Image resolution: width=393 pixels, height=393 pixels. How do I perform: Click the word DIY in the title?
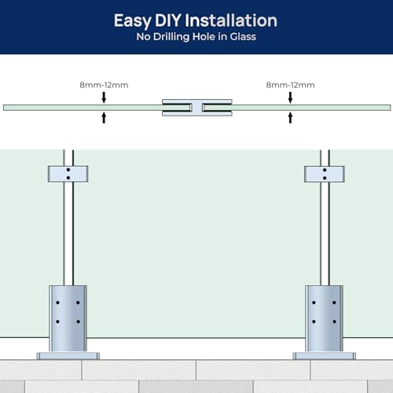[168, 20]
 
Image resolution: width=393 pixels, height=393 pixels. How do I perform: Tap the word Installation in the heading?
[231, 20]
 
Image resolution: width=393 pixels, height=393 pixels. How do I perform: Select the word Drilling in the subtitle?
[171, 37]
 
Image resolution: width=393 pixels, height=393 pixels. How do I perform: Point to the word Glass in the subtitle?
[243, 36]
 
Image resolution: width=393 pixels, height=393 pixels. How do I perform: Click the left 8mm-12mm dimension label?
[104, 85]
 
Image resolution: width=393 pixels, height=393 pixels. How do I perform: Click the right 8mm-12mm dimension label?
[290, 85]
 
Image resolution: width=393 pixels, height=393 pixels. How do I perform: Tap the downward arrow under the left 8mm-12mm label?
[104, 97]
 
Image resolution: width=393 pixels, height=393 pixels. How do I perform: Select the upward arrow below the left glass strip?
[104, 118]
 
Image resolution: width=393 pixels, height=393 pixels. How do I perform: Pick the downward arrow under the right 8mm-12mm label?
[290, 97]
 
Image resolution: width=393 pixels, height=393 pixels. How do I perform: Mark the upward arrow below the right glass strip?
[290, 118]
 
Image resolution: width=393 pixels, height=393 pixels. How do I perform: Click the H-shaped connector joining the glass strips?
[197, 108]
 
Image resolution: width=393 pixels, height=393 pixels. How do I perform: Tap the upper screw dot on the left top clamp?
[68, 170]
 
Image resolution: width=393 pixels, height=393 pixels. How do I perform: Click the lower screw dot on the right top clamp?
[325, 178]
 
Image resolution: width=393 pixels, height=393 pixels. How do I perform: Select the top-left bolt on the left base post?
[57, 303]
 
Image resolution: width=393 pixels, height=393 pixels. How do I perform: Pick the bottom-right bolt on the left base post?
[78, 321]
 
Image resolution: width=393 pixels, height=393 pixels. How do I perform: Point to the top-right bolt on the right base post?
[334, 303]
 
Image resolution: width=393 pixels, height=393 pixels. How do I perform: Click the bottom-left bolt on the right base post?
[314, 321]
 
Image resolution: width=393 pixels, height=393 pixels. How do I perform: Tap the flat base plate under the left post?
[68, 356]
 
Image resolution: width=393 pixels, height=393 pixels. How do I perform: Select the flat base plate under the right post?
[325, 356]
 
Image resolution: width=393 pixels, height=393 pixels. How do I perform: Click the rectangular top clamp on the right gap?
[325, 174]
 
